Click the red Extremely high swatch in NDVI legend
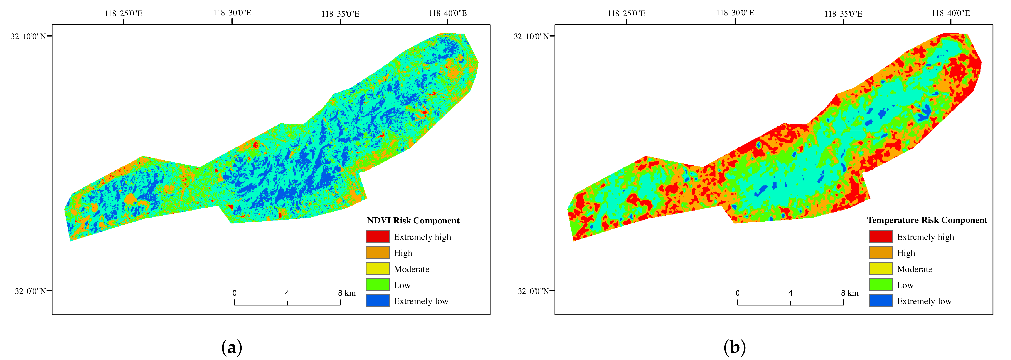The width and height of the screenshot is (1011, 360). coord(378,236)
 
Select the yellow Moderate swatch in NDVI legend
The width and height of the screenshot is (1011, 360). coord(378,269)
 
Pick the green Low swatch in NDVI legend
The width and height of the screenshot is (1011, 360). coord(378,285)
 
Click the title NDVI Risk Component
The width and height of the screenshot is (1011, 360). coord(413,220)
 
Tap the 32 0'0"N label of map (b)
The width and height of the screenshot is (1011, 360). coord(533,291)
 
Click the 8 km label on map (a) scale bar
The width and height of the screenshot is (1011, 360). coord(347,293)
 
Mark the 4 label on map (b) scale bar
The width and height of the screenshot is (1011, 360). coord(790,293)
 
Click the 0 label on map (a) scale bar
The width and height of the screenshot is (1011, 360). coord(234,293)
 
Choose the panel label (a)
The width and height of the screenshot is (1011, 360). coord(232,347)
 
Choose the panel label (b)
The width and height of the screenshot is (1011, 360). coord(734,347)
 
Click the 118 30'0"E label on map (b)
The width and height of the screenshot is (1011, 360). coord(735,13)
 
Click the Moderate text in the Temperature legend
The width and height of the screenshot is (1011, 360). coord(914,269)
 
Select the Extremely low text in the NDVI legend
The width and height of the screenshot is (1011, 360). coord(421,301)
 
